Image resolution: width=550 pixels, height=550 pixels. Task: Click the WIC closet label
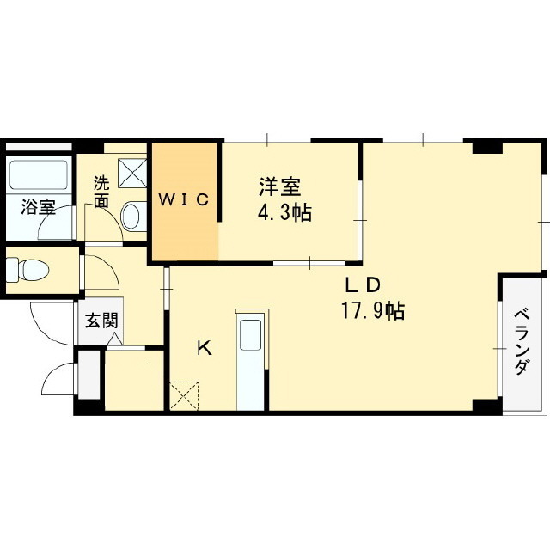pyautogui.click(x=183, y=200)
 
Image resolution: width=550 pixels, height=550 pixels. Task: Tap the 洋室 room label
pyautogui.click(x=279, y=186)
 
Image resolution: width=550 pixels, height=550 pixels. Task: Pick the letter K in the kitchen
pyautogui.click(x=204, y=348)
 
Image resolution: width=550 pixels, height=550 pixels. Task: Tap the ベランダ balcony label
pyautogui.click(x=521, y=341)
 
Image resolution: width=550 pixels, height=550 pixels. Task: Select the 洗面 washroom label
pyautogui.click(x=102, y=192)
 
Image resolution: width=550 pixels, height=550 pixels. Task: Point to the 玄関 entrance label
pyautogui.click(x=100, y=321)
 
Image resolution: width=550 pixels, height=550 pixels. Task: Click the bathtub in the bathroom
pyautogui.click(x=39, y=177)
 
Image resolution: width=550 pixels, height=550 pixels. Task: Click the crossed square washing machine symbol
pyautogui.click(x=132, y=172)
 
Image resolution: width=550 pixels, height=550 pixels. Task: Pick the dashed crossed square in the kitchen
pyautogui.click(x=185, y=396)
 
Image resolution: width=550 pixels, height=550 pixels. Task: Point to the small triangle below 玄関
pyautogui.click(x=114, y=341)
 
